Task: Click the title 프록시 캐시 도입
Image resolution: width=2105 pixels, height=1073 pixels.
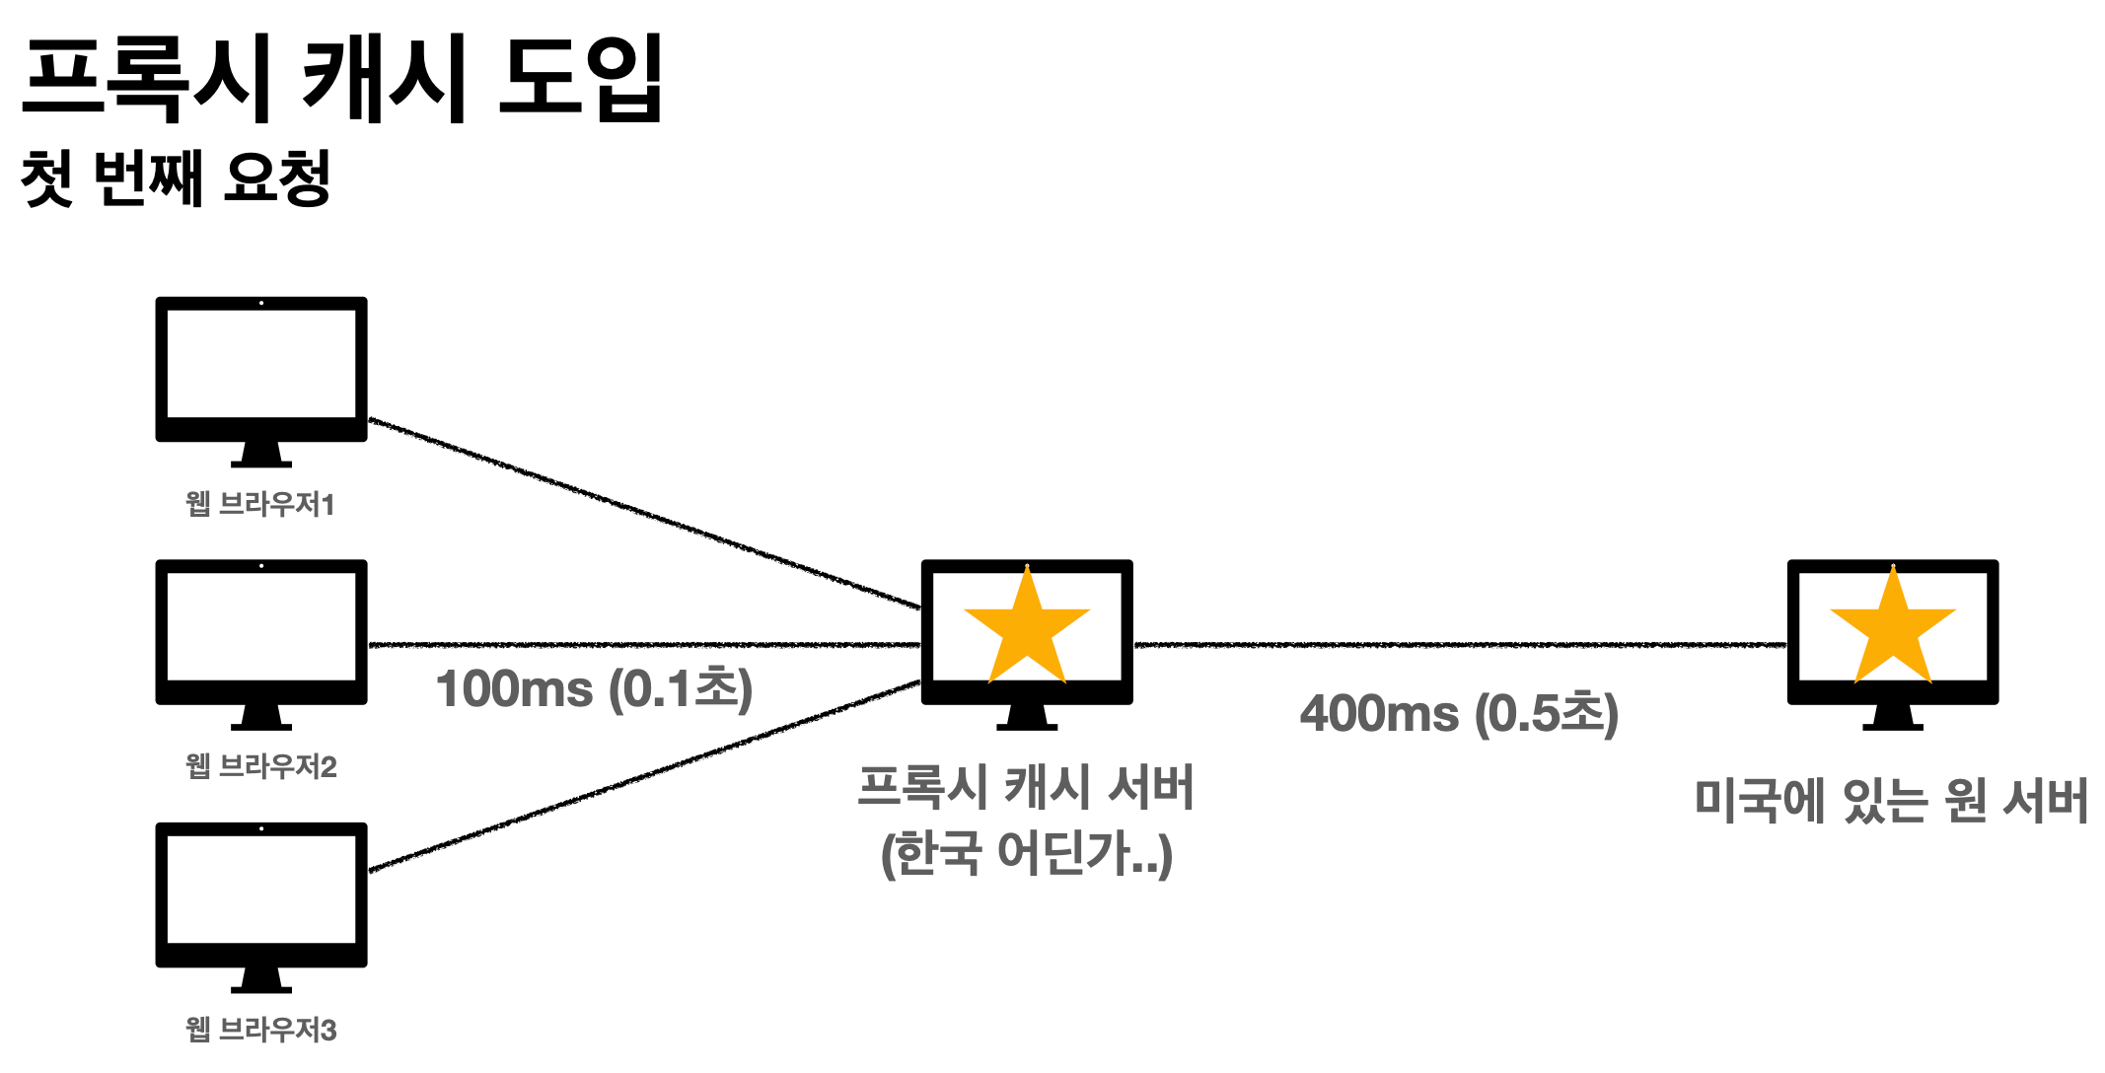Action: point(342,79)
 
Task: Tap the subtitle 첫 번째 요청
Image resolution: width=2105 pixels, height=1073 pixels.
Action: point(176,179)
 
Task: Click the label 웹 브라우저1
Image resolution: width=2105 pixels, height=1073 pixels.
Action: point(260,504)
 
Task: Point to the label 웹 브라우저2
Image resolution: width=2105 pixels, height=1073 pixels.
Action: point(261,766)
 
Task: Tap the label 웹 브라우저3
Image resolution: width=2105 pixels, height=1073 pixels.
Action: point(261,1030)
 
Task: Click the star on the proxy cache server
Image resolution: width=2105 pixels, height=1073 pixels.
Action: point(1027,628)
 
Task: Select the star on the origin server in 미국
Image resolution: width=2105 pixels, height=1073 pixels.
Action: point(1893,628)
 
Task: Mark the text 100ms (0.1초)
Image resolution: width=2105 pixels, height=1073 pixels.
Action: point(594,688)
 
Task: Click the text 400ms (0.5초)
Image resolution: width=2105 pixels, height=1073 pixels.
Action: point(1459,713)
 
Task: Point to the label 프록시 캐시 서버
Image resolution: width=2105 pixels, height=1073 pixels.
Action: point(1026,787)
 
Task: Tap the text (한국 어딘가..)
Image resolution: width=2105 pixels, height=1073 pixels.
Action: point(1026,853)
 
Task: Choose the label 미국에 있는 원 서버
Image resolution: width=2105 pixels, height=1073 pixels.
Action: point(1891,800)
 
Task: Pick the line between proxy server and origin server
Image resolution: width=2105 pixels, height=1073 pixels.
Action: point(1460,645)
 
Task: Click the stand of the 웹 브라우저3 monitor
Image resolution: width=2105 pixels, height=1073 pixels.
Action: point(261,981)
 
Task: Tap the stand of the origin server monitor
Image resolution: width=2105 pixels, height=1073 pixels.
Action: point(1893,718)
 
